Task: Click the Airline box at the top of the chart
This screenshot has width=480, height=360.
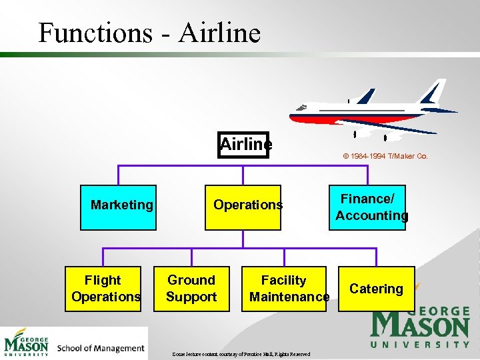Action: point(243,145)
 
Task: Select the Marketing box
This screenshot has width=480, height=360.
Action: point(119,207)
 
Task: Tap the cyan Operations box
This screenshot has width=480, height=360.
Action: point(243,207)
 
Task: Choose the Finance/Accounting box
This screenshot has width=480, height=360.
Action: point(367,207)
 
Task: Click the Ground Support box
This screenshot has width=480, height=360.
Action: point(191,289)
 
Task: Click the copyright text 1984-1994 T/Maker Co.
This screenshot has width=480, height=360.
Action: point(385,157)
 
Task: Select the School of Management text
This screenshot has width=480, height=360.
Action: point(101,348)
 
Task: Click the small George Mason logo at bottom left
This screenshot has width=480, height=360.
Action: point(27,343)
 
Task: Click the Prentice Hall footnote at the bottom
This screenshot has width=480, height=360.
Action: point(241,353)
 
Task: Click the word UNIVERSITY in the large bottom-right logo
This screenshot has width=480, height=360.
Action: point(420,345)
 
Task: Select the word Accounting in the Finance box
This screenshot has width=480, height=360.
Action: point(372,215)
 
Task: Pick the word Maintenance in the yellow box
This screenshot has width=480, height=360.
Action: point(289,297)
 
